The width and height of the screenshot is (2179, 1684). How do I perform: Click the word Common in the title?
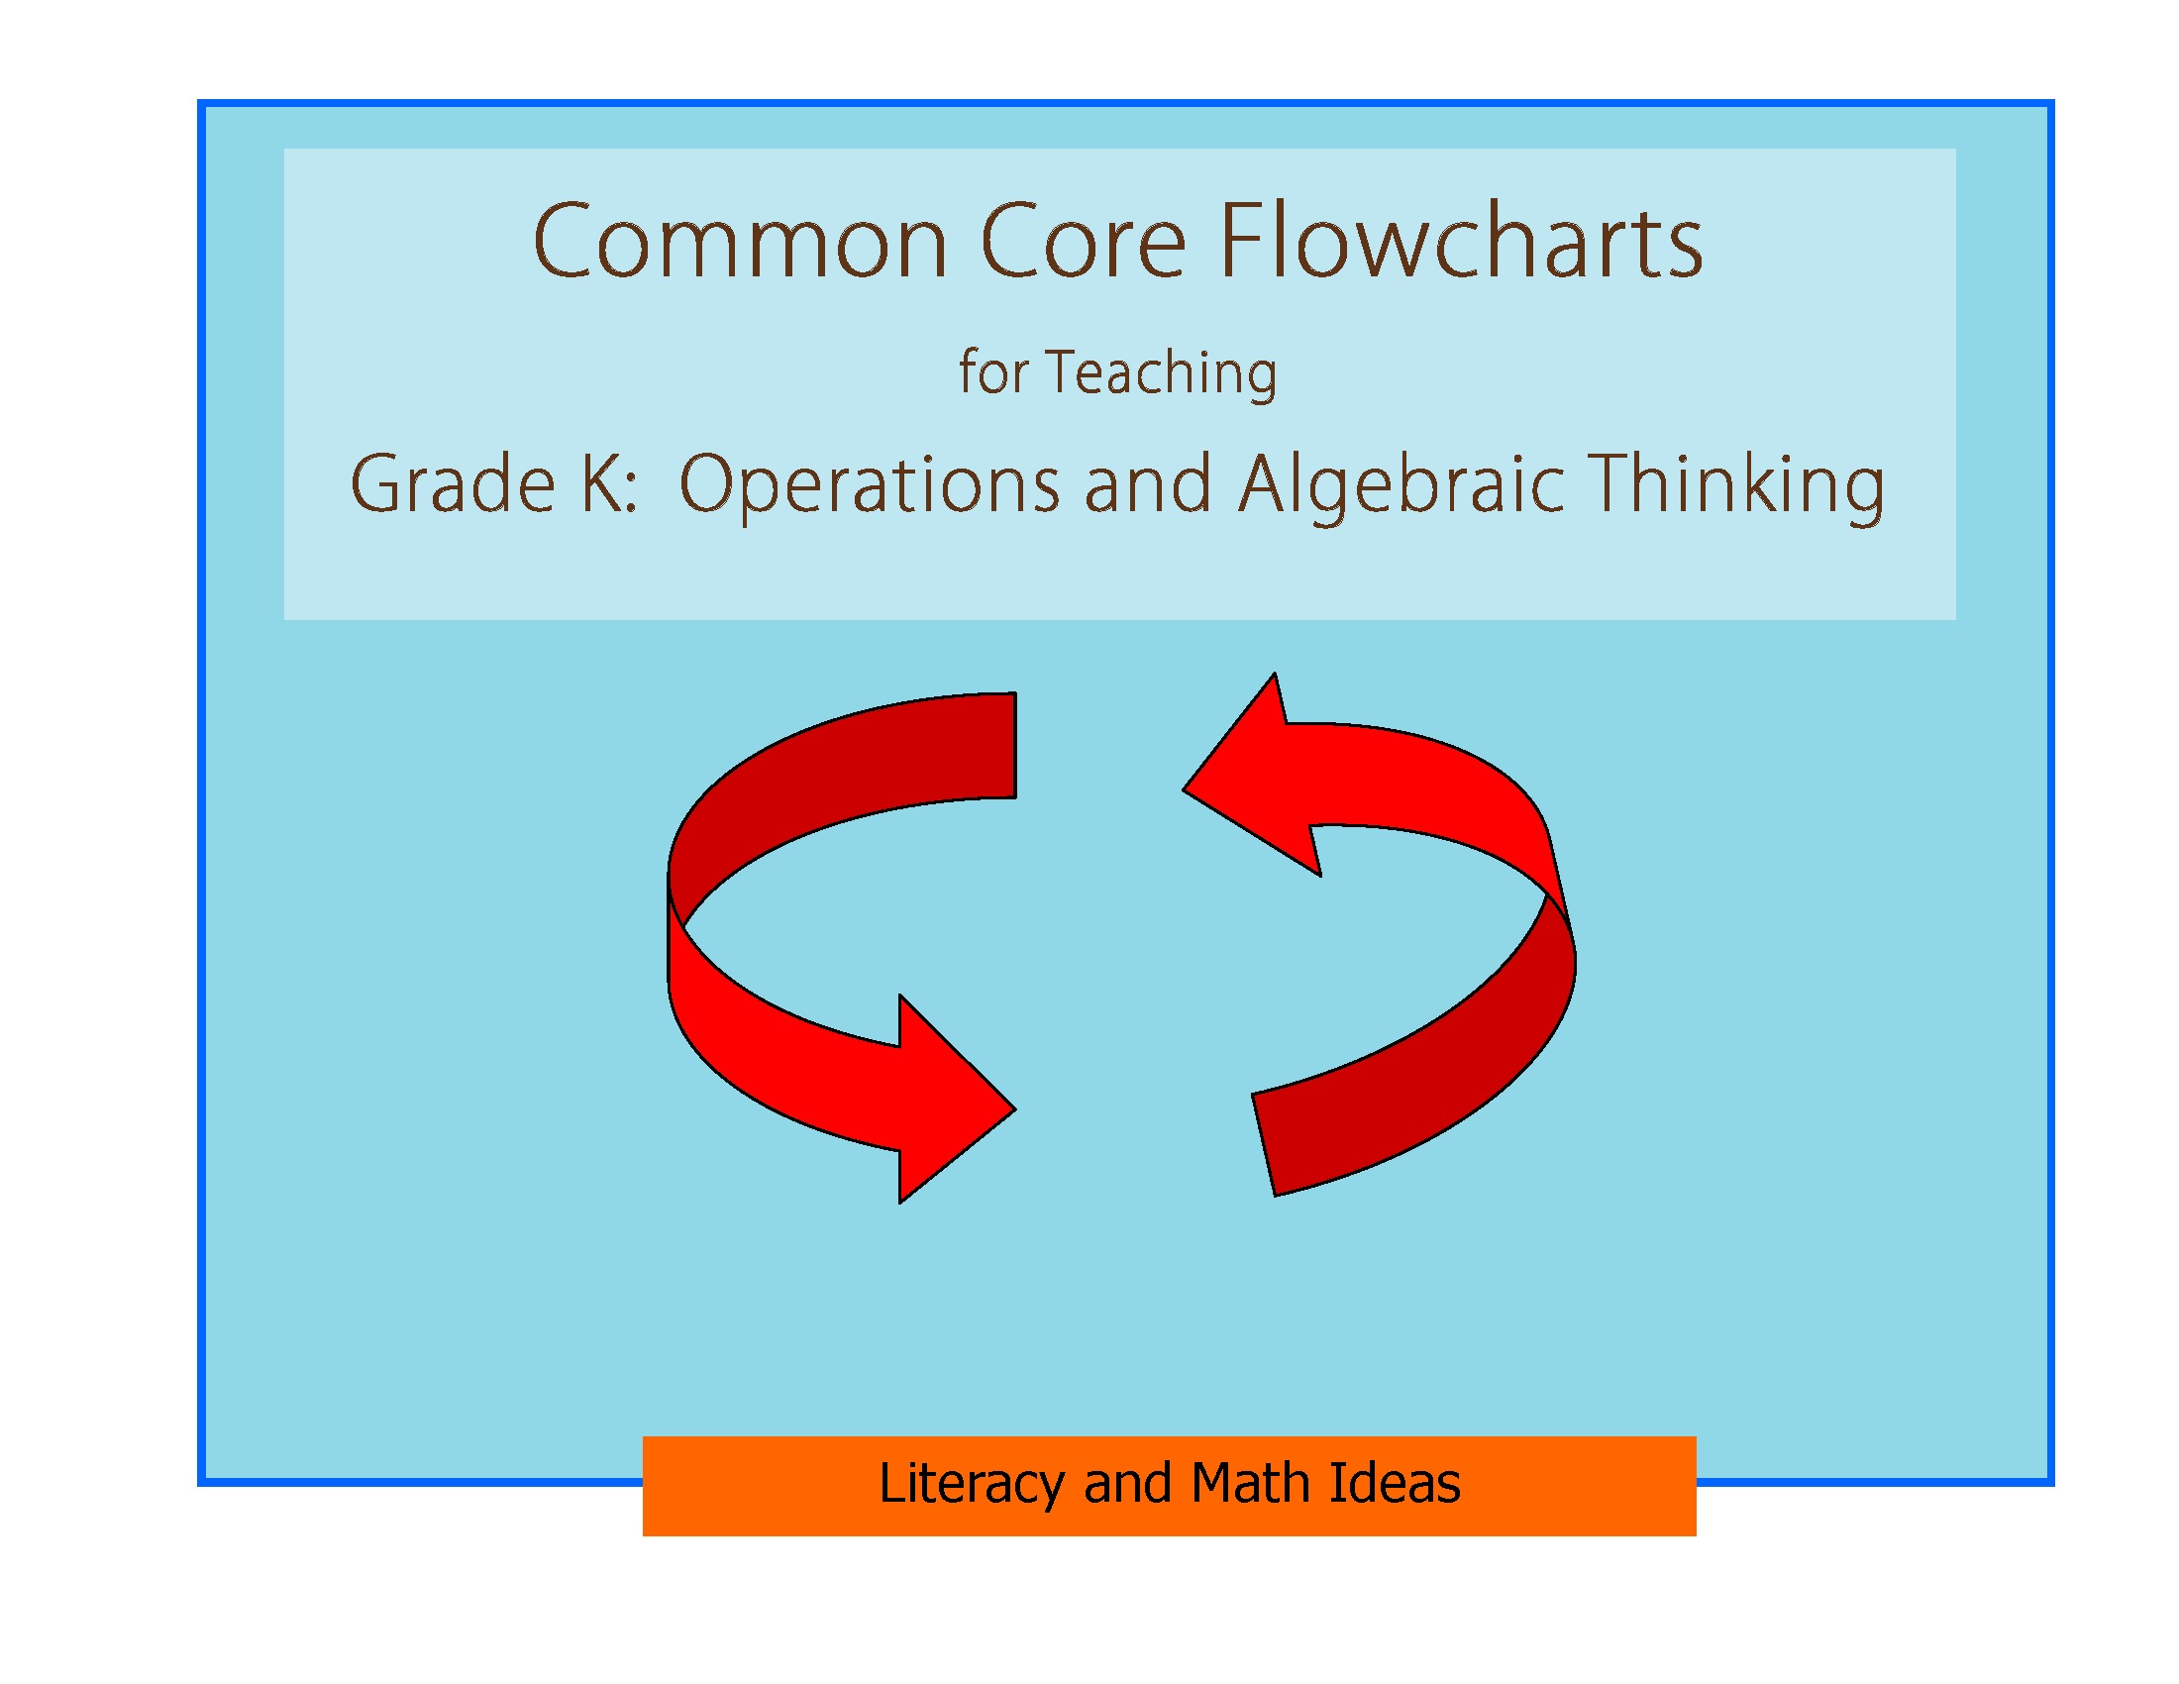(739, 243)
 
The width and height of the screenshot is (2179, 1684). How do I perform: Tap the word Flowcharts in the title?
(1461, 243)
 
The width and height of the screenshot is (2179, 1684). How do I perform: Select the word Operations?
(869, 485)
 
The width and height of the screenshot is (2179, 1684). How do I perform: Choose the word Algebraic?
(1401, 485)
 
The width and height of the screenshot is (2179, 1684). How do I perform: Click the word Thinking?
(1735, 485)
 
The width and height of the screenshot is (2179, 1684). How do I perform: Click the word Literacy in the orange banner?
(970, 1484)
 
